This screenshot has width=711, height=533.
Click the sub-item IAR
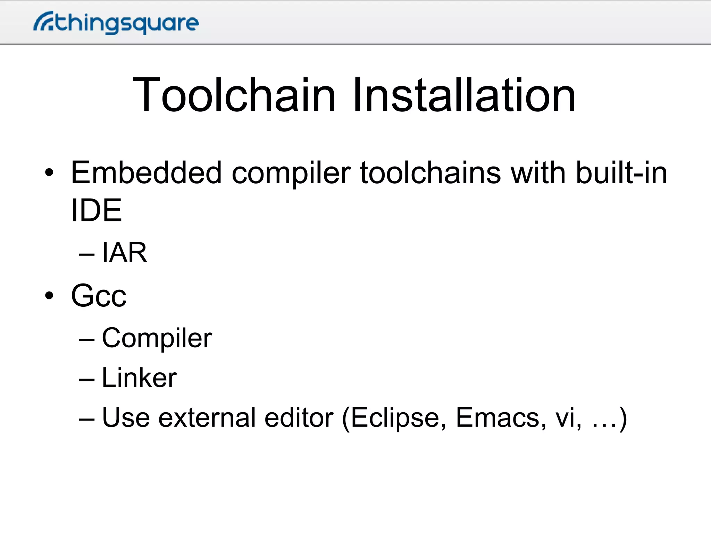coord(124,253)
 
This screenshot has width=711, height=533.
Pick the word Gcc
coord(99,295)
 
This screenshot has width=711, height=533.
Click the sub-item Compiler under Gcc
coord(157,338)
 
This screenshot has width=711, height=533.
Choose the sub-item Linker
coord(139,378)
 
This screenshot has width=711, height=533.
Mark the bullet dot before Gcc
coord(49,296)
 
